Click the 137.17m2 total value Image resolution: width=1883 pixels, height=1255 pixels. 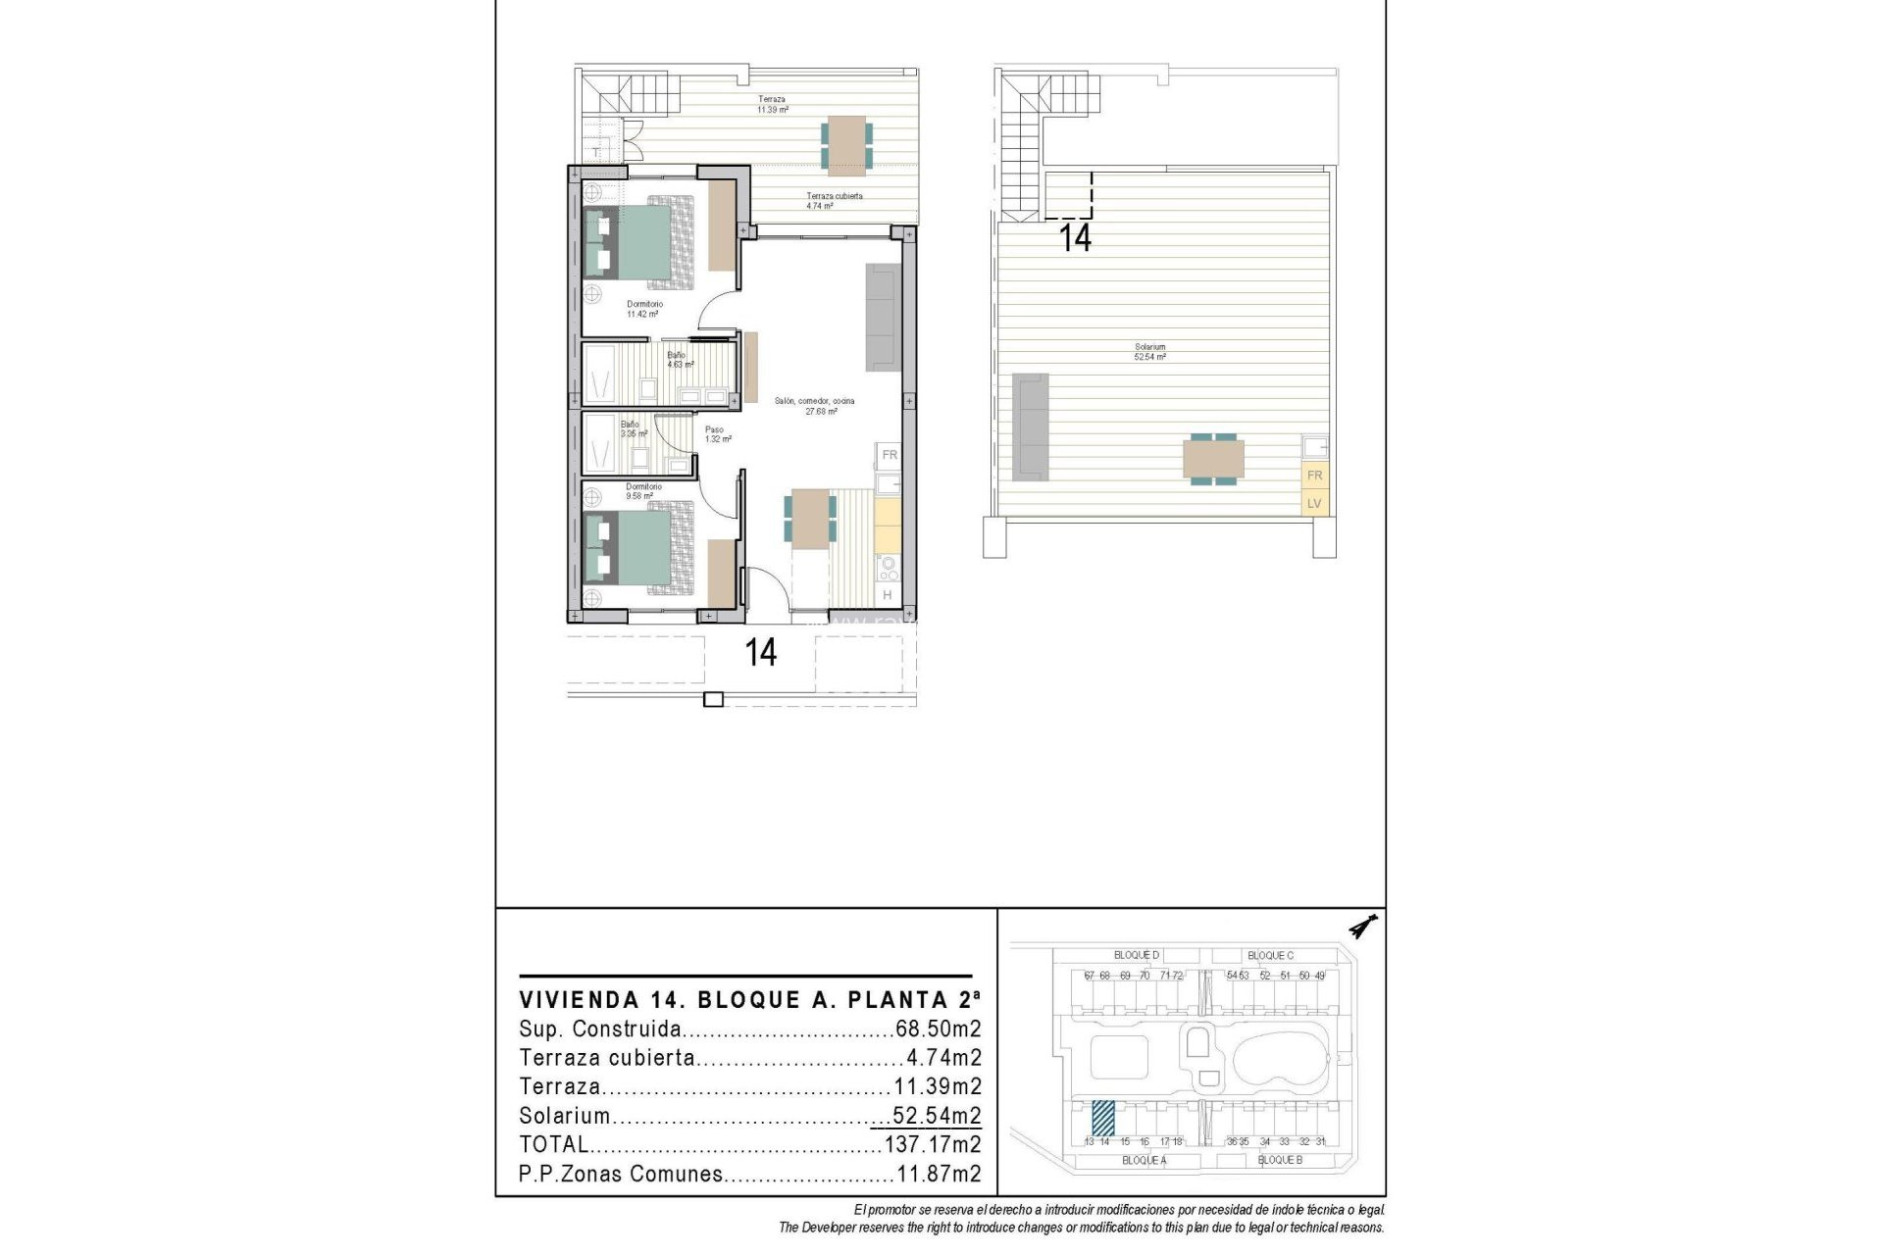[x=932, y=1144]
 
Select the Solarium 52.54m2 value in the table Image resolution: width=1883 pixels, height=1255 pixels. [x=936, y=1116]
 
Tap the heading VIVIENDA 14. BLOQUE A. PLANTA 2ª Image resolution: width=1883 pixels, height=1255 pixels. [x=749, y=1000]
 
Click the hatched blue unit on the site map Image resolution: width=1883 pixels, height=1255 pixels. [x=1103, y=1118]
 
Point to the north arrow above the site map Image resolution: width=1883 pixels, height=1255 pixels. [x=1363, y=926]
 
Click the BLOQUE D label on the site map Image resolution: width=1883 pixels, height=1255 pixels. [x=1137, y=955]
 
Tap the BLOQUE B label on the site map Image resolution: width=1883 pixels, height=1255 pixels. [x=1280, y=1160]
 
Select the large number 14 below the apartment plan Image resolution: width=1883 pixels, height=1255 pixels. [x=761, y=652]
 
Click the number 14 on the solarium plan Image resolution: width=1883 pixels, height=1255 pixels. [x=1076, y=238]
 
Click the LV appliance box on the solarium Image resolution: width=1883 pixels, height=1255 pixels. [x=1314, y=504]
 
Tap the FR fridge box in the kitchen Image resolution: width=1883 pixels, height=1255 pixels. [x=889, y=455]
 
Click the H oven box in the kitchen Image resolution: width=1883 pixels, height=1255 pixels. [x=887, y=595]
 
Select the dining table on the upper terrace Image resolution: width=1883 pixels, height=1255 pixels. [x=844, y=145]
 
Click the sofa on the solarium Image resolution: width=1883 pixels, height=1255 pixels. [x=1031, y=427]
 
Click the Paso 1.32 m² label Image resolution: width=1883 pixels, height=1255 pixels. [x=717, y=433]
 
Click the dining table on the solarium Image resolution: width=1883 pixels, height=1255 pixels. [x=1213, y=459]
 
